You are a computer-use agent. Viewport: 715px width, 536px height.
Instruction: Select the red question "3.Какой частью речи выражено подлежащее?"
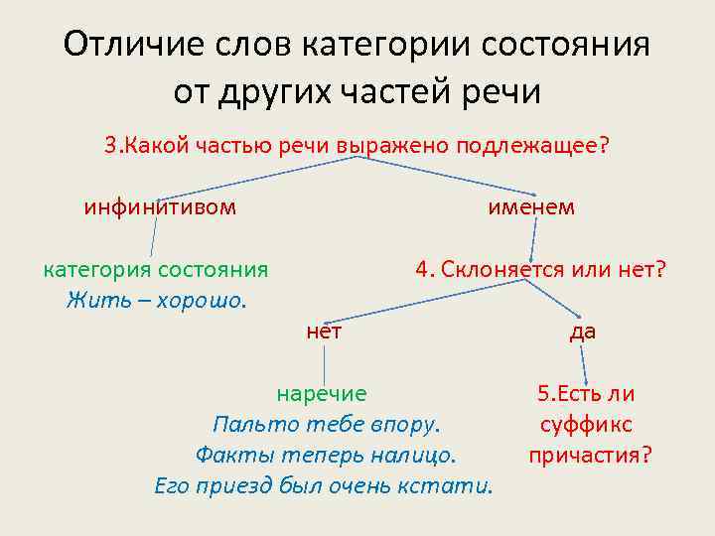(357, 145)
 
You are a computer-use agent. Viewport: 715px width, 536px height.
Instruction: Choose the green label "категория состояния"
(155, 270)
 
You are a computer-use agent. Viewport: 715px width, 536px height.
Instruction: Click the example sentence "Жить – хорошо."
(155, 299)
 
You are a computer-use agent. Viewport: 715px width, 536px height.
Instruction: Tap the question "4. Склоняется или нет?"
(541, 270)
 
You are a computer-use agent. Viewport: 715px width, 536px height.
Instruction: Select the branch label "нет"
(325, 332)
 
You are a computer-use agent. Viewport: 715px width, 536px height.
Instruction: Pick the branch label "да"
(583, 332)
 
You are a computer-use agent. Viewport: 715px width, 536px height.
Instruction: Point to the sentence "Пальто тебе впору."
(326, 425)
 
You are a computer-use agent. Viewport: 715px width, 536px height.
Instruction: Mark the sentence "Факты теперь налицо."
(326, 456)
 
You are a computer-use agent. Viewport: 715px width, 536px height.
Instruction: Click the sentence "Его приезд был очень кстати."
(325, 486)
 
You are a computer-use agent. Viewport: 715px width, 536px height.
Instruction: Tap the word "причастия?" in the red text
(590, 456)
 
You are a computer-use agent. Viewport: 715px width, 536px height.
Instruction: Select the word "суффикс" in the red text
(586, 425)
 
